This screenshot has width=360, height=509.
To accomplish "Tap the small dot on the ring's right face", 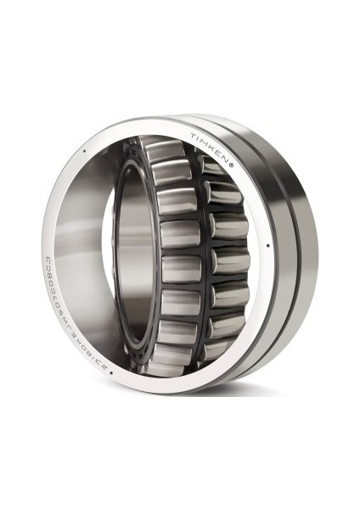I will (268, 247).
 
